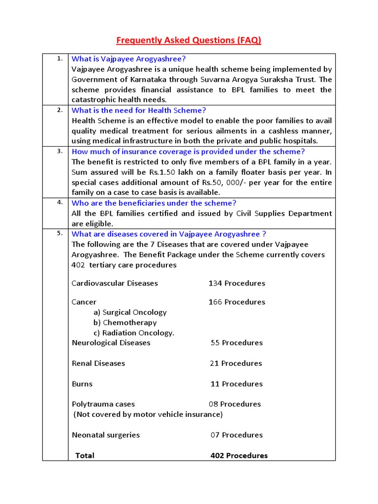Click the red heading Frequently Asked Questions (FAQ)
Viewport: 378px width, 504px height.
(x=189, y=40)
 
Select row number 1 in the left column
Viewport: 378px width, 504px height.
(x=60, y=59)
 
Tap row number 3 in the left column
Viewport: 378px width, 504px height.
(x=60, y=151)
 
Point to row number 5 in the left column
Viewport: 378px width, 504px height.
(x=60, y=233)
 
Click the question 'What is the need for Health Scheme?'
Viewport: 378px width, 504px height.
(x=139, y=110)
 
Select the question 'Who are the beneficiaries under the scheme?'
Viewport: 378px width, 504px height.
(x=154, y=203)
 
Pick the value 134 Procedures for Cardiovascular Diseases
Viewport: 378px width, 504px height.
(x=237, y=283)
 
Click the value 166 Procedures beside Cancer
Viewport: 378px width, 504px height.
(x=237, y=302)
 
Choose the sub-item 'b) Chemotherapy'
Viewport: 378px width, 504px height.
(x=125, y=322)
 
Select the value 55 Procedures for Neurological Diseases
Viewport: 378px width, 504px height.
(x=237, y=343)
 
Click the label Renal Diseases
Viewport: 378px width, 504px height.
(x=98, y=363)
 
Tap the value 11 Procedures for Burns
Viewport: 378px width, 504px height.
(x=237, y=384)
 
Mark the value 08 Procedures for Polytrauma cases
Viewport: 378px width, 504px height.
(x=235, y=404)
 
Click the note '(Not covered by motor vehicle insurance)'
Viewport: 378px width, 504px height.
(x=148, y=414)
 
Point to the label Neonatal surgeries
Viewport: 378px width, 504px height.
(x=106, y=435)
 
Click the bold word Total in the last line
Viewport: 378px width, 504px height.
(x=85, y=456)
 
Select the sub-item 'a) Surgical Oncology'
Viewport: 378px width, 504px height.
(x=130, y=312)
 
